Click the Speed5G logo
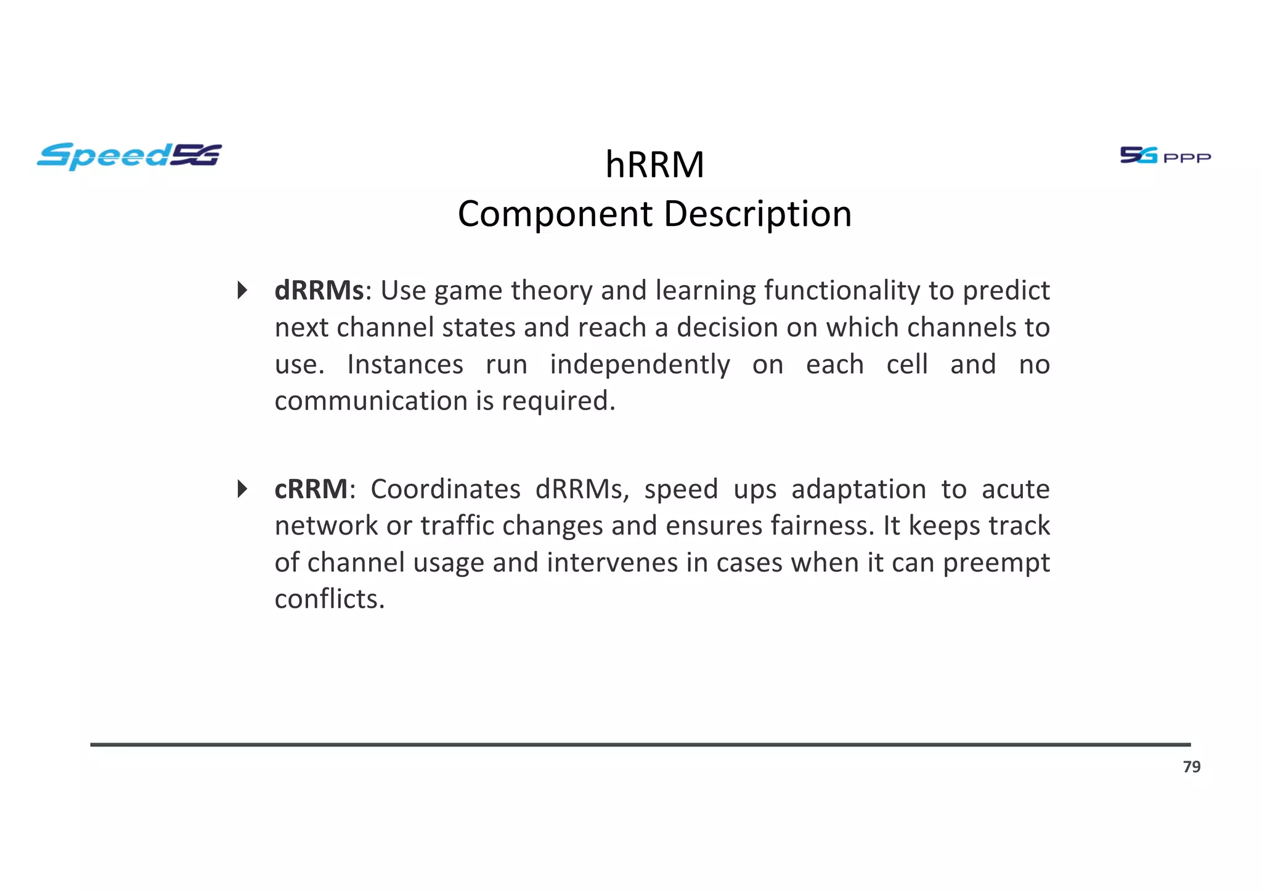coord(129,156)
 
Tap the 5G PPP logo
coord(1165,155)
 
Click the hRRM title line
coord(654,165)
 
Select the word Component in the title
coord(555,214)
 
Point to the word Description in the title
coord(757,214)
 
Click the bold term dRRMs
coord(319,291)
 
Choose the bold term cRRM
coord(311,490)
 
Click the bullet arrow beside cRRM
coord(243,490)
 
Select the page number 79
coord(1191,767)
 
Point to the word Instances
coord(405,365)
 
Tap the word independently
coord(640,365)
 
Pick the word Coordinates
coord(445,490)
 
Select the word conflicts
coord(330,599)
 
